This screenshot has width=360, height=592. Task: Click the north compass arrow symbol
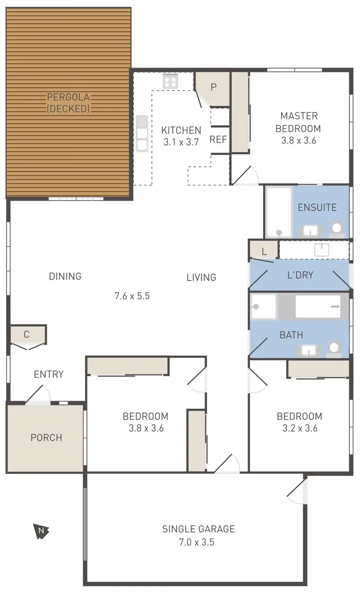click(41, 530)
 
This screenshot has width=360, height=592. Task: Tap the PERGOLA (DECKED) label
click(68, 103)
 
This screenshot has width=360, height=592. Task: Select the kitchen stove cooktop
click(170, 81)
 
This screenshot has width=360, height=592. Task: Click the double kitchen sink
click(142, 133)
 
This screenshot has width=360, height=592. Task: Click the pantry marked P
click(214, 87)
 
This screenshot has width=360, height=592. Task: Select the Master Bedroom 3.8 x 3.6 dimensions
click(299, 141)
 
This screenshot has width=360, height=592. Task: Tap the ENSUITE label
click(317, 208)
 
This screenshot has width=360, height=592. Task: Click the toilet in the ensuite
click(337, 228)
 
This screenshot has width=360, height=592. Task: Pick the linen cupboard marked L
click(264, 251)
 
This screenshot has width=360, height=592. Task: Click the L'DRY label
click(300, 275)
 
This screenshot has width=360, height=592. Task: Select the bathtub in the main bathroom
click(318, 306)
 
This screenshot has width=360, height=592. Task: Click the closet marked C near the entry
click(27, 334)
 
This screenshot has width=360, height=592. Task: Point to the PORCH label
click(46, 438)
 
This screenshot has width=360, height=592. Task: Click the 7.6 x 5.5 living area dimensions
click(132, 296)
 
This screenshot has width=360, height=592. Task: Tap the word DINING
click(65, 276)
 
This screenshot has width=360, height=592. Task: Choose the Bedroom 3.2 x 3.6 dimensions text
click(299, 428)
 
